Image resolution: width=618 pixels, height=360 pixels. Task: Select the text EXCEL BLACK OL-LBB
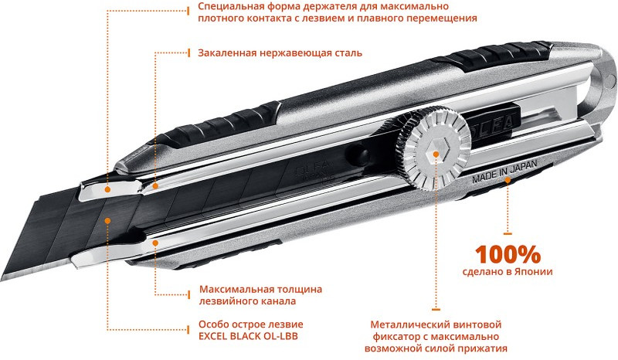[250, 336]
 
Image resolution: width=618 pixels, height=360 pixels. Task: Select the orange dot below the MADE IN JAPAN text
[508, 179]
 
